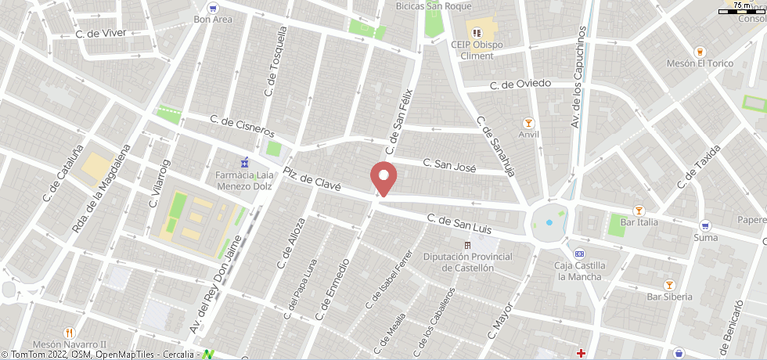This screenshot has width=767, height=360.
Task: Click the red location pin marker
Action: (383, 177)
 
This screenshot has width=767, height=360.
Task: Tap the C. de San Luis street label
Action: (459, 224)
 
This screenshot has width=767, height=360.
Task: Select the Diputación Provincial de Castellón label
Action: (467, 262)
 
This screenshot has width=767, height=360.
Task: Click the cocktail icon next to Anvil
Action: (529, 122)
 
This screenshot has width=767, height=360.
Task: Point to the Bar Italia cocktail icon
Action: (639, 210)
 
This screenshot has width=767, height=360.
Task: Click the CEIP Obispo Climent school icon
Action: (476, 33)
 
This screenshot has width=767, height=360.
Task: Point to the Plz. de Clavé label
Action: (311, 180)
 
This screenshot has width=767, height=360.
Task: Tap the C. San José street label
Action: (449, 165)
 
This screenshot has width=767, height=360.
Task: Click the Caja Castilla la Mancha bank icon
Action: (579, 254)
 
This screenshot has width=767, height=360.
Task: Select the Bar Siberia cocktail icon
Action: (669, 285)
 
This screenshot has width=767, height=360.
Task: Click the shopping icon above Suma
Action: (705, 225)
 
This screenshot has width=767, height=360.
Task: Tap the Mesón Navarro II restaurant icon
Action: (69, 332)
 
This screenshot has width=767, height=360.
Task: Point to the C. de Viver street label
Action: (101, 34)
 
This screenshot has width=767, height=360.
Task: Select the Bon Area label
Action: (213, 20)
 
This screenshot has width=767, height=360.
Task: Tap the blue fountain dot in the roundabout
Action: (549, 222)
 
